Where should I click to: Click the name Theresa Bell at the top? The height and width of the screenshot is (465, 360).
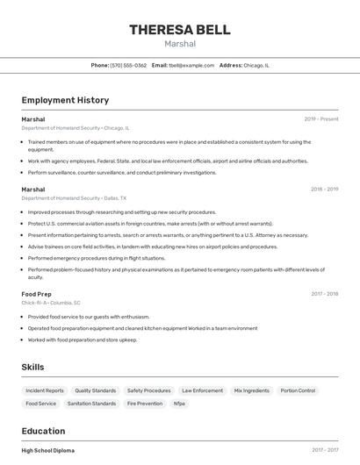click(x=179, y=30)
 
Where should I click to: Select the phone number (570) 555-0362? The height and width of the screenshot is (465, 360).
click(x=128, y=65)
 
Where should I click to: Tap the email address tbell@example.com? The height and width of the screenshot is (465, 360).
click(x=191, y=65)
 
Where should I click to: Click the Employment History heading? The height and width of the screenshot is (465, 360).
click(x=65, y=100)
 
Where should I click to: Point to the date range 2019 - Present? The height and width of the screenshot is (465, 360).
click(x=321, y=119)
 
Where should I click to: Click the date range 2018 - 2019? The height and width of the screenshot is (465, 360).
click(x=324, y=190)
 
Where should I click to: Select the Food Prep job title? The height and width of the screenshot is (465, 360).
click(x=37, y=294)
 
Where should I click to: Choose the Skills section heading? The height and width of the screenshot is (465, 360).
click(x=33, y=367)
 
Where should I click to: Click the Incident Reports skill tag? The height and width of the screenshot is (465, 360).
click(x=45, y=390)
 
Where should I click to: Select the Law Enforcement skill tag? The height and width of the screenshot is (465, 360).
click(x=202, y=390)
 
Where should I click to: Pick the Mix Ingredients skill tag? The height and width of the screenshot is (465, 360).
click(x=252, y=390)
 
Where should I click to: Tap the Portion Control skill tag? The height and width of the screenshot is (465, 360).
click(x=298, y=390)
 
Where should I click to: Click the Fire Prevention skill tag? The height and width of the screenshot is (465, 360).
click(x=145, y=404)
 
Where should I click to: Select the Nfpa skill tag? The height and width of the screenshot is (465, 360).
click(x=179, y=404)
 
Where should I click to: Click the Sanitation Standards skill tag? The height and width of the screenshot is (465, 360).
click(x=92, y=404)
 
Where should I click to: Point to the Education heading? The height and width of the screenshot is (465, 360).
click(x=43, y=431)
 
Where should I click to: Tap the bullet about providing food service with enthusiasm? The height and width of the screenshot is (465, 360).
click(x=89, y=317)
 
